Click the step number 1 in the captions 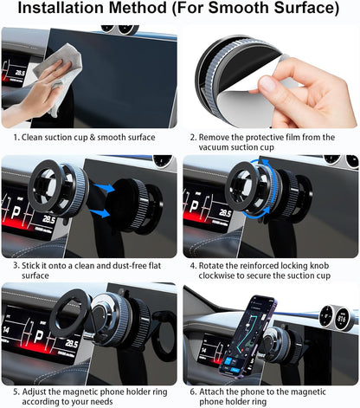pos(15,137)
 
